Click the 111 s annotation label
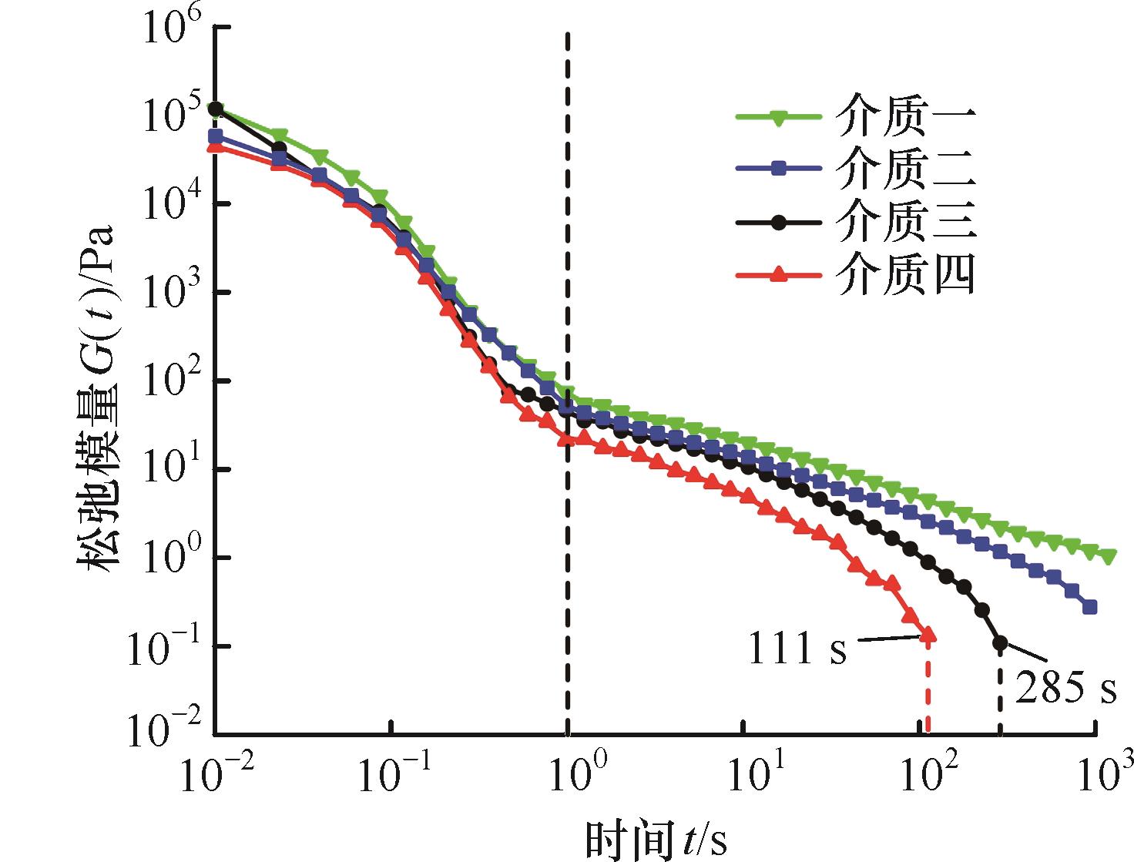(x=797, y=647)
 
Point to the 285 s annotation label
(x=1065, y=687)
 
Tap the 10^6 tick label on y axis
(x=171, y=29)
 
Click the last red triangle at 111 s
(x=928, y=634)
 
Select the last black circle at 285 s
(x=1000, y=643)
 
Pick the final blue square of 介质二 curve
(x=1089, y=607)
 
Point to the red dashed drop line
(x=928, y=688)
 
